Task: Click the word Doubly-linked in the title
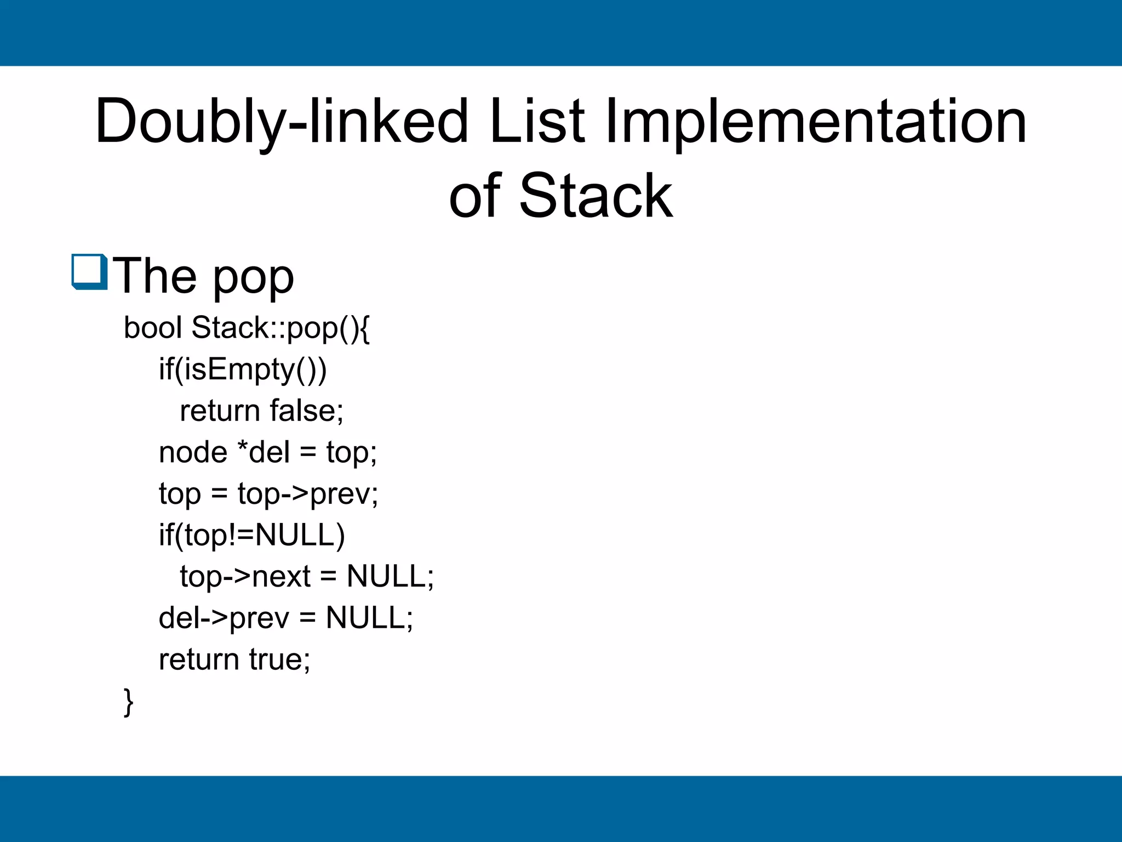[282, 122]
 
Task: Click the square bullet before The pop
[89, 272]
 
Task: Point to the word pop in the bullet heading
[253, 277]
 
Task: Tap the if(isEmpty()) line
[242, 369]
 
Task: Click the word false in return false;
[306, 411]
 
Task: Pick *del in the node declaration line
[264, 452]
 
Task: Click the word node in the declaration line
[192, 453]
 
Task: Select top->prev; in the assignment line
[307, 494]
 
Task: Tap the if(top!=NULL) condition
[251, 535]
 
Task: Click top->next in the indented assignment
[245, 577]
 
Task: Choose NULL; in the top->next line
[390, 577]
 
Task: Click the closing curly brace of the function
[129, 702]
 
